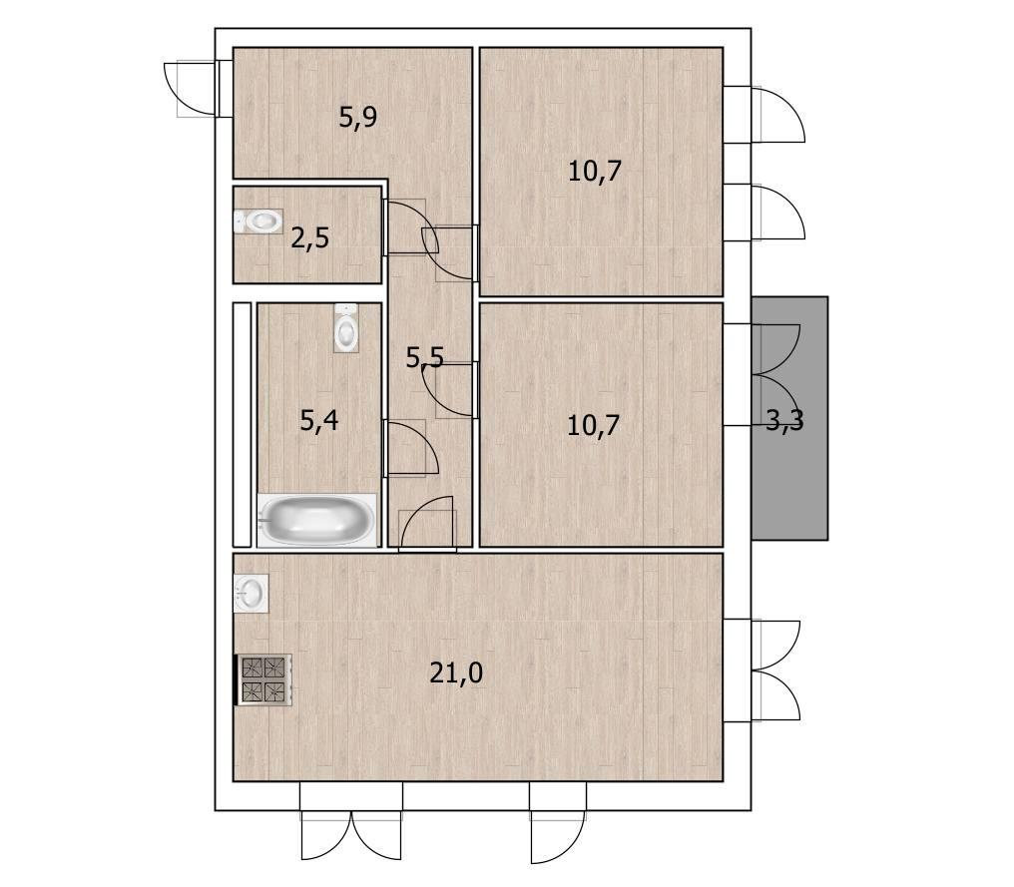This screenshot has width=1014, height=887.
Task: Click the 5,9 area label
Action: click(358, 118)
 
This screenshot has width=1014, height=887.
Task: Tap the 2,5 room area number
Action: click(309, 238)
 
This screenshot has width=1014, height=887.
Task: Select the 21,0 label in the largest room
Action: click(456, 673)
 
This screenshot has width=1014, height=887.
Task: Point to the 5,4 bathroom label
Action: click(318, 421)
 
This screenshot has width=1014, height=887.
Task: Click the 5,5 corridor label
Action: click(425, 357)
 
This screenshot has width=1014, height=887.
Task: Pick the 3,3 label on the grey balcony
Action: click(784, 421)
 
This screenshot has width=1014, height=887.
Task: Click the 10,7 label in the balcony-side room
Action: click(593, 425)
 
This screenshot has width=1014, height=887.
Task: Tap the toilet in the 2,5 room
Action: click(258, 222)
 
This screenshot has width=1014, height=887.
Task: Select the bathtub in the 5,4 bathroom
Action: click(316, 521)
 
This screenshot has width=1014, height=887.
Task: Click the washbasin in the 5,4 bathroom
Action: click(346, 328)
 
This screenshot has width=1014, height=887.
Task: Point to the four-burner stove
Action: click(264, 679)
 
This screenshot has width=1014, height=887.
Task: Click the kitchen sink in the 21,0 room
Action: click(251, 593)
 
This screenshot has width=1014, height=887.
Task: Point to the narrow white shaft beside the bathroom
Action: click(242, 424)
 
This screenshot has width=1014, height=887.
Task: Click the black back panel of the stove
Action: click(236, 679)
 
